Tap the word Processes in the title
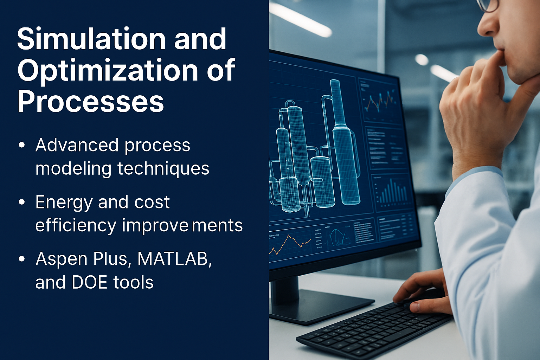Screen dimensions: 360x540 click(x=91, y=102)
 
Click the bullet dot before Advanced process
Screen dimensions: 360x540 click(x=22, y=145)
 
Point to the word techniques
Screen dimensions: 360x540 click(x=163, y=168)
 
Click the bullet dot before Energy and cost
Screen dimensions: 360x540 click(x=22, y=202)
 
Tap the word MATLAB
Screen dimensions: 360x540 click(x=174, y=259)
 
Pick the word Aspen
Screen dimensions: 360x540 click(x=62, y=259)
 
